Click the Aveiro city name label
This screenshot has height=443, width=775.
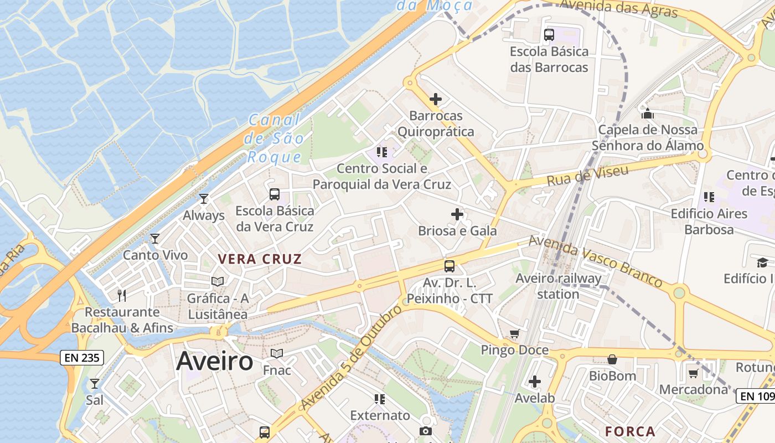tap(215, 362)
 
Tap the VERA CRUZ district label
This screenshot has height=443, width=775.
tap(260, 259)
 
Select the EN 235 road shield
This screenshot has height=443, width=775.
tap(82, 358)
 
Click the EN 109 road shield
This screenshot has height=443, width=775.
tap(755, 396)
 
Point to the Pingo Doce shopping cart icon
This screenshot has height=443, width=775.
tap(515, 333)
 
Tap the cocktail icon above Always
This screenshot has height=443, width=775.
tap(204, 198)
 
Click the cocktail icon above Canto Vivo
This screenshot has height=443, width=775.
tap(155, 239)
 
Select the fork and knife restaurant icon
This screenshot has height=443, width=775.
tap(122, 295)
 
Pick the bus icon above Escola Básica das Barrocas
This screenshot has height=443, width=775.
tap(549, 35)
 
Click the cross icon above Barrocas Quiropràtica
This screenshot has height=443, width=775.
tap(436, 99)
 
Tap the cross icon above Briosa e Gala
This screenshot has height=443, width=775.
tap(457, 214)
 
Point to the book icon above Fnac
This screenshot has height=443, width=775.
tap(277, 353)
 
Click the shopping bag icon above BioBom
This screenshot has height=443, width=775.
tap(612, 359)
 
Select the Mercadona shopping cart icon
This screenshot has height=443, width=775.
tap(693, 373)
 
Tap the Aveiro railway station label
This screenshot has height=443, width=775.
tap(558, 286)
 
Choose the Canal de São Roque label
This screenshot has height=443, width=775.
tap(274, 138)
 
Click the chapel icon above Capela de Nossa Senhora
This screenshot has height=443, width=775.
tap(648, 114)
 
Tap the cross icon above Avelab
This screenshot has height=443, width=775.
tap(535, 382)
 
